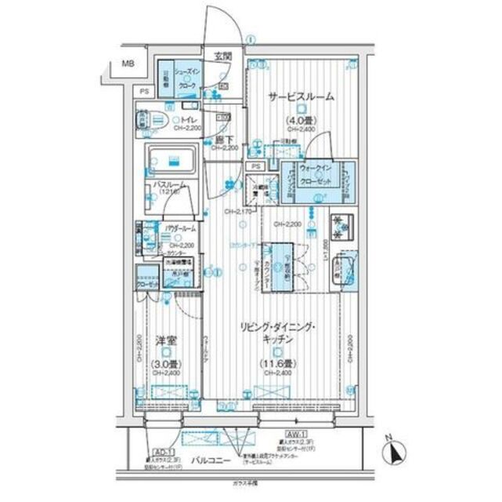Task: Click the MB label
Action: (x=126, y=64)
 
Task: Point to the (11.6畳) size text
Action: (x=278, y=363)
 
